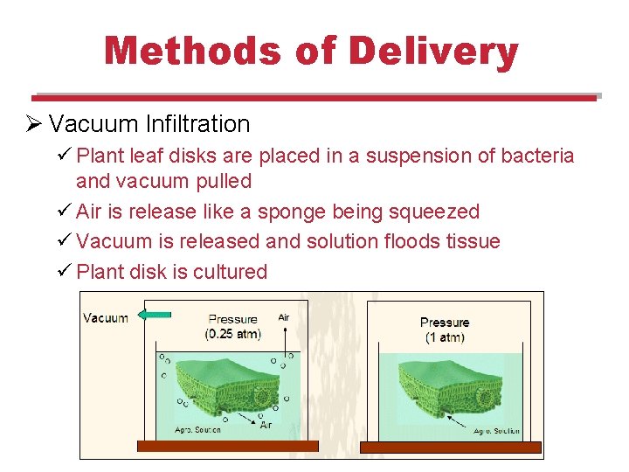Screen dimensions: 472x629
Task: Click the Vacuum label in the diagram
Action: [x=106, y=317]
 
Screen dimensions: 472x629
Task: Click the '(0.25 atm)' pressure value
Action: [x=232, y=334]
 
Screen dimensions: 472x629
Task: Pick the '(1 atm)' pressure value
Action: [x=445, y=337]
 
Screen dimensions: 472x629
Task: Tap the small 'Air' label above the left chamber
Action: [x=284, y=317]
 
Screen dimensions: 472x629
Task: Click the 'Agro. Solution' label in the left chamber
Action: [x=199, y=429]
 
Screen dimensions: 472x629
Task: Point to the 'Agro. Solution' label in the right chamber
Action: [x=496, y=430]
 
